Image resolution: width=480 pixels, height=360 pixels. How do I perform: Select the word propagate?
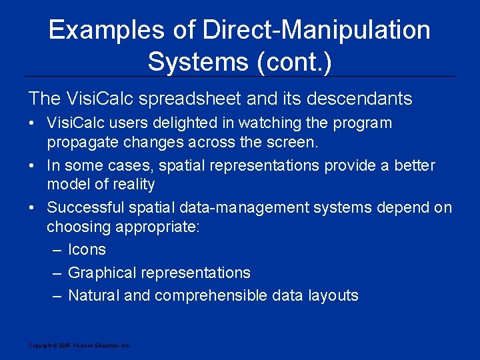click(78, 142)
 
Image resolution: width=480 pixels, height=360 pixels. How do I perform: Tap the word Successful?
click(83, 208)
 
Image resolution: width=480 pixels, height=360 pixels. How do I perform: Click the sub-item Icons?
click(87, 250)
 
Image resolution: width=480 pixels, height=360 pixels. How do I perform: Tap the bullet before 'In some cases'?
click(33, 166)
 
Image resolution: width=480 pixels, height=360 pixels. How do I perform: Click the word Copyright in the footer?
click(39, 345)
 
